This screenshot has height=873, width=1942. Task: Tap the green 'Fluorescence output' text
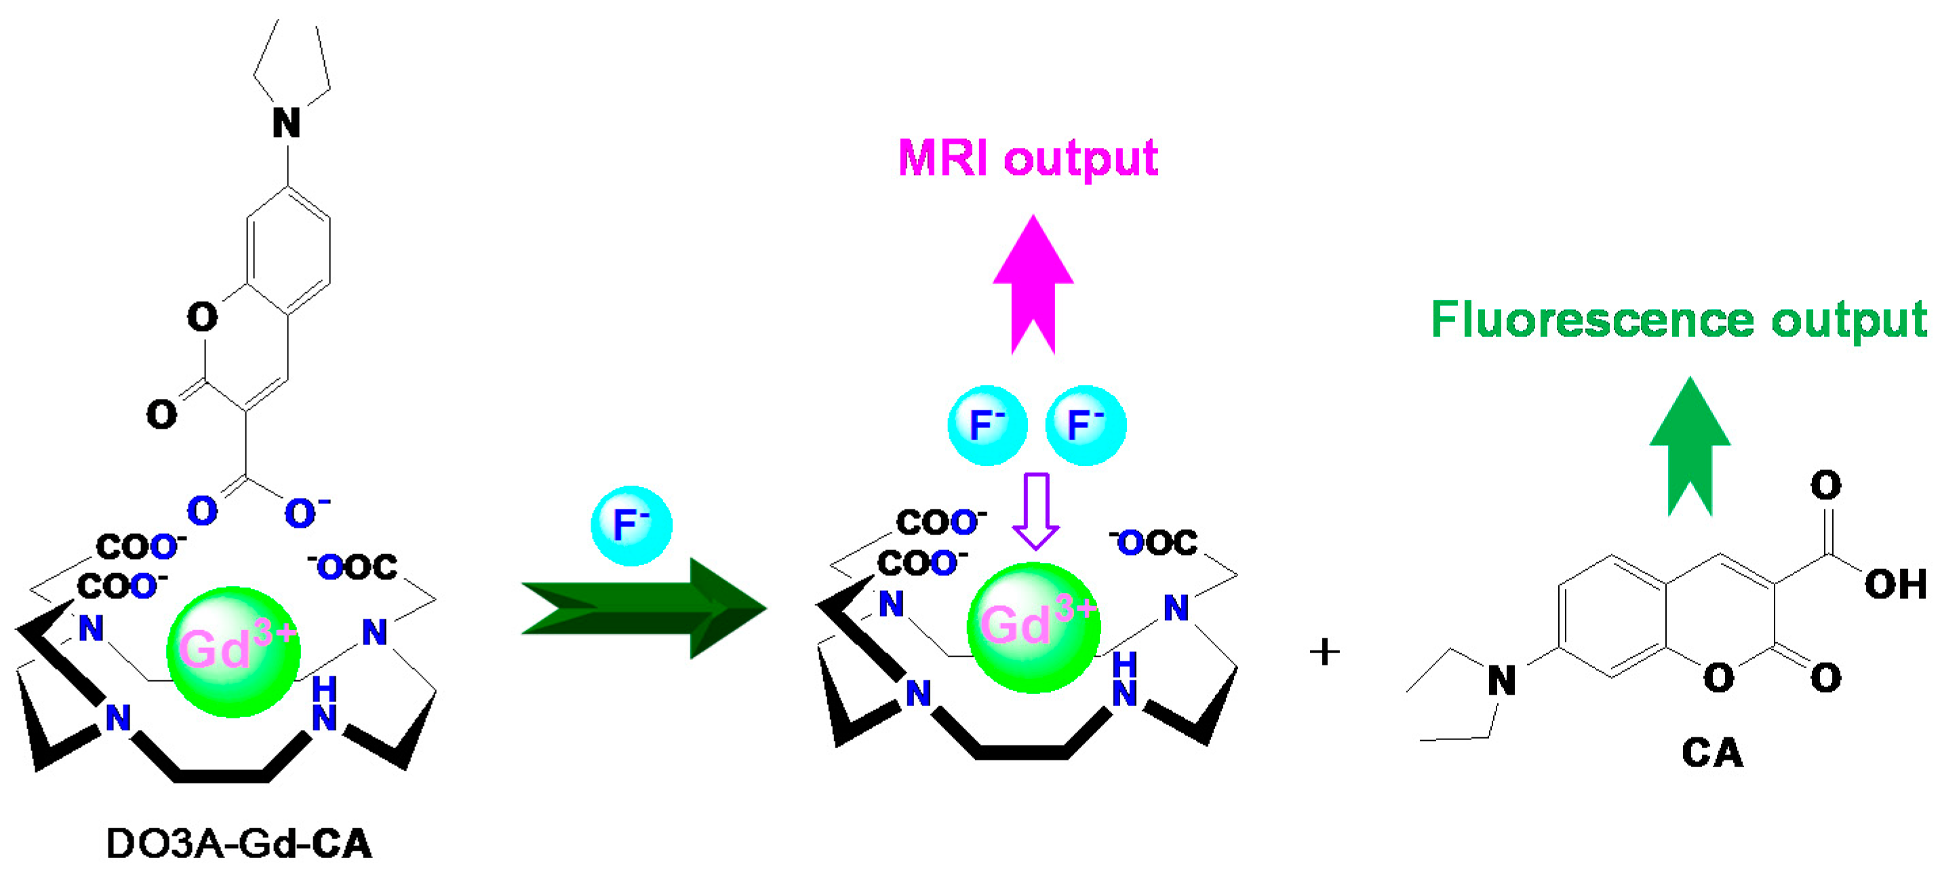pyautogui.click(x=1678, y=320)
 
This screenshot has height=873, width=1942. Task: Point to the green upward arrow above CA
pyautogui.click(x=1690, y=445)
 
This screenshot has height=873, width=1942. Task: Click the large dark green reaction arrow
pyautogui.click(x=645, y=608)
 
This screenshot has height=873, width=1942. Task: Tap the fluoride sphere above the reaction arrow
pyautogui.click(x=631, y=526)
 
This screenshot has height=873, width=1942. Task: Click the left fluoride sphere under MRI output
pyautogui.click(x=987, y=425)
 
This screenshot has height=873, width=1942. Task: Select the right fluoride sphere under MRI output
pyautogui.click(x=1086, y=425)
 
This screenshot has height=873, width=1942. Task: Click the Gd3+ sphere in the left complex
pyautogui.click(x=233, y=651)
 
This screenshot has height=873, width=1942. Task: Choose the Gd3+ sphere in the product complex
pyautogui.click(x=1033, y=627)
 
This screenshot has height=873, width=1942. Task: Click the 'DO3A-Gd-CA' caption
pyautogui.click(x=239, y=844)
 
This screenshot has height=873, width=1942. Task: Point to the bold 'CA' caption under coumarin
pyautogui.click(x=1712, y=752)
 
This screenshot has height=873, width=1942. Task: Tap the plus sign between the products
pyautogui.click(x=1324, y=651)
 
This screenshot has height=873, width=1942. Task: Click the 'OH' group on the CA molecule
pyautogui.click(x=1895, y=584)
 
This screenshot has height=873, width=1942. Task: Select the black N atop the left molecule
pyautogui.click(x=286, y=123)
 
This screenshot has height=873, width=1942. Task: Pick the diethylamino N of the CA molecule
pyautogui.click(x=1501, y=681)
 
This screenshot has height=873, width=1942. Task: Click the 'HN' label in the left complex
pyautogui.click(x=324, y=703)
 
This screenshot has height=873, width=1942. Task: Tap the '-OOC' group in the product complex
pyautogui.click(x=1154, y=543)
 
